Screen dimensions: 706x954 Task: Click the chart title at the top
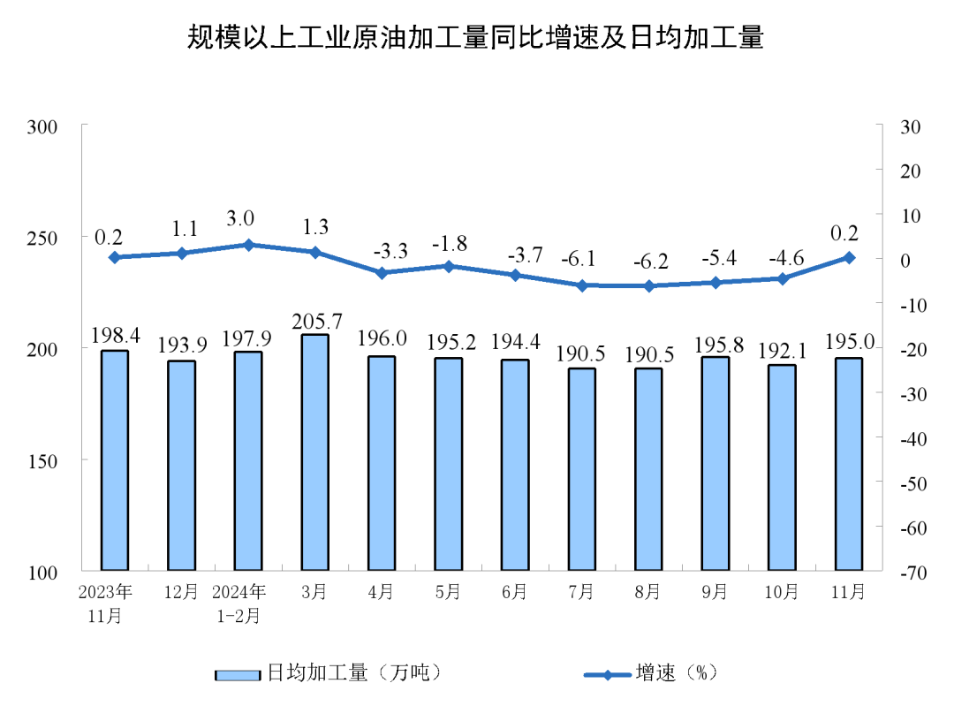point(475,38)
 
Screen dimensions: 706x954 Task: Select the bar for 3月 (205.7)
point(314,452)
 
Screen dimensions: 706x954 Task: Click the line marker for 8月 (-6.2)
point(648,286)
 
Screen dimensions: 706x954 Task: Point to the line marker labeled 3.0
point(248,245)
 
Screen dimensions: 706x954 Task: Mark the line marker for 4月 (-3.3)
point(382,273)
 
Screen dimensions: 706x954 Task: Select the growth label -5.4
point(715,261)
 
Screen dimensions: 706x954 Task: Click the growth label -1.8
point(449,244)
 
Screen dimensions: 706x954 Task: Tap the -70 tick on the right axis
point(911,573)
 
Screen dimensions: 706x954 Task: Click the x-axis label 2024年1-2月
point(239,604)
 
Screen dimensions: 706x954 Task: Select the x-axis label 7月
point(581,593)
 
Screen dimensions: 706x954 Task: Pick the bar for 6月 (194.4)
point(515,464)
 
